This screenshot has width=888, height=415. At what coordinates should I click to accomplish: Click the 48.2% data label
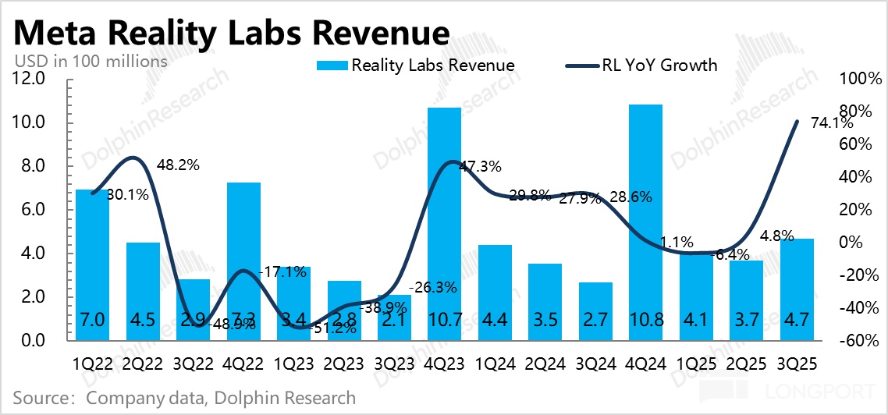(x=179, y=165)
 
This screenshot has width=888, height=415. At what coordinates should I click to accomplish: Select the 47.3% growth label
(x=480, y=166)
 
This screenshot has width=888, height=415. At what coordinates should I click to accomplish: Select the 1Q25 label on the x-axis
(x=696, y=364)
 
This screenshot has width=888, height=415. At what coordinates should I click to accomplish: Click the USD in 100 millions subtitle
(x=91, y=60)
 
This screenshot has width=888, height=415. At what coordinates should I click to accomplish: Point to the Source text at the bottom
(x=184, y=398)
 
